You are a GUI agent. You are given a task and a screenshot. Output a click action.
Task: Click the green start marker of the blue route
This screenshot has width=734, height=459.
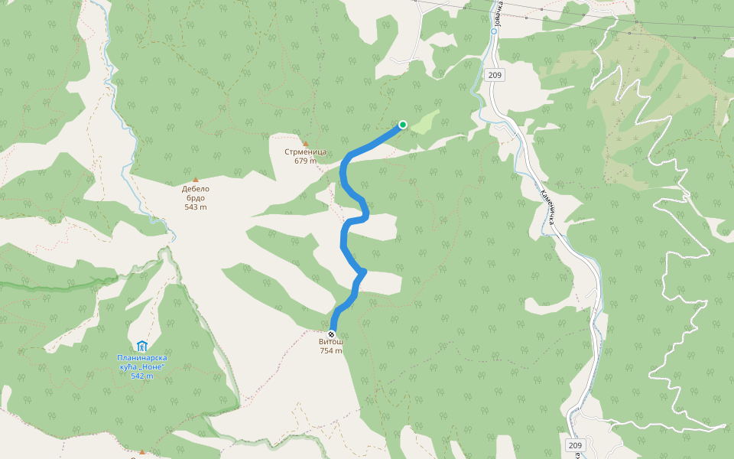(403, 125)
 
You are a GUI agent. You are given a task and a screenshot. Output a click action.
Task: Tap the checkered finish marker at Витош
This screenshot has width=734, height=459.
(331, 334)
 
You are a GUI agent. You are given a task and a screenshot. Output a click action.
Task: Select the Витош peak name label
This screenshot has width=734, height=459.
(331, 343)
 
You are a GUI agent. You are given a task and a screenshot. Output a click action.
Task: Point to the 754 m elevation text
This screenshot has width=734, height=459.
(331, 351)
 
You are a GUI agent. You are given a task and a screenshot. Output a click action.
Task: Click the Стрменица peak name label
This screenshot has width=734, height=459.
(305, 151)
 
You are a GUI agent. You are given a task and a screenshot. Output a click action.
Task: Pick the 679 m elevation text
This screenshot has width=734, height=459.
(305, 161)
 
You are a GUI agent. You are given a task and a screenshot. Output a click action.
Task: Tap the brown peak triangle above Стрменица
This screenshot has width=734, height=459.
(305, 143)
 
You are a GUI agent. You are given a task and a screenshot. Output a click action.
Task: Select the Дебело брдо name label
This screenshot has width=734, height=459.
(195, 194)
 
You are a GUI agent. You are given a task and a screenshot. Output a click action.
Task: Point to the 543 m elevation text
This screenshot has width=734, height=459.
(195, 207)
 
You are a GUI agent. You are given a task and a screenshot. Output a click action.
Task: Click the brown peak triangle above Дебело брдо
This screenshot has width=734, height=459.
(195, 180)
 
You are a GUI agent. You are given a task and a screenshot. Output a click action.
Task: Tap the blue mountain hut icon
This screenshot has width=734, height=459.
(141, 346)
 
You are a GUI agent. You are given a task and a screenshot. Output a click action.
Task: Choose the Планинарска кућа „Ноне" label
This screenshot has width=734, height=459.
(141, 362)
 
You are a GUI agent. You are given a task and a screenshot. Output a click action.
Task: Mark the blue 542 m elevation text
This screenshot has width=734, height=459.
(141, 376)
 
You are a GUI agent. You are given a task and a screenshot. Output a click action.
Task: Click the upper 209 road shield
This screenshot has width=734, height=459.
(494, 75)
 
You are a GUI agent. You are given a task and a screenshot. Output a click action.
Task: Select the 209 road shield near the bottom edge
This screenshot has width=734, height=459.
(575, 445)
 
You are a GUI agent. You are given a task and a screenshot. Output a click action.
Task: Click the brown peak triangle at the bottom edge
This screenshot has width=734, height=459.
(141, 451)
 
